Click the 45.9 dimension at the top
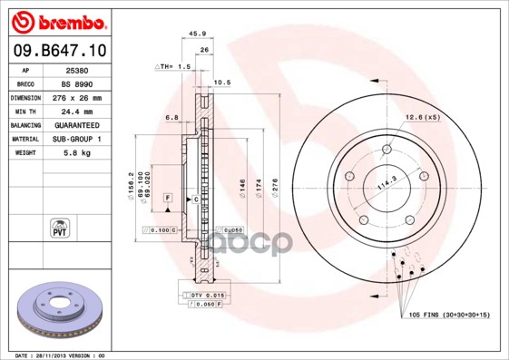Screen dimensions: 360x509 (196, 34)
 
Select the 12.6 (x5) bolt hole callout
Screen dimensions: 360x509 (422, 117)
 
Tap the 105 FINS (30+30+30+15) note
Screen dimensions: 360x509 (441, 315)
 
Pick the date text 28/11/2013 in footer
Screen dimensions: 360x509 (56, 355)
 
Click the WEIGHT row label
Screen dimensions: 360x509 (24, 153)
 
